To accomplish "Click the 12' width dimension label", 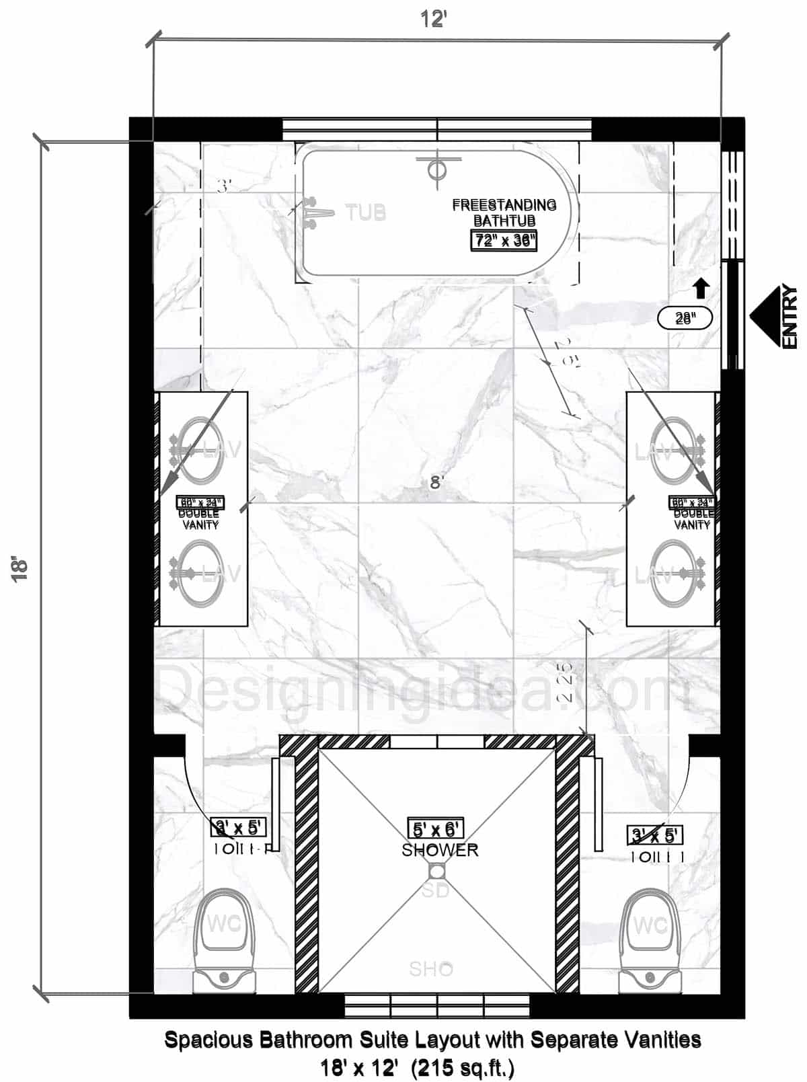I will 434,20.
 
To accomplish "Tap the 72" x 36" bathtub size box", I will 504,240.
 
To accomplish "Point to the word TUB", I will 366,212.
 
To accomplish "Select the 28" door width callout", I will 685,318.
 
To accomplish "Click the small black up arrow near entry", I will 701,288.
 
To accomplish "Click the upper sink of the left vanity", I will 200,450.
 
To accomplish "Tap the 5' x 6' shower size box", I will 436,828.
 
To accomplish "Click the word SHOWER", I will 440,850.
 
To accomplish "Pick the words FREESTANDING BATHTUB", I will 504,212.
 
